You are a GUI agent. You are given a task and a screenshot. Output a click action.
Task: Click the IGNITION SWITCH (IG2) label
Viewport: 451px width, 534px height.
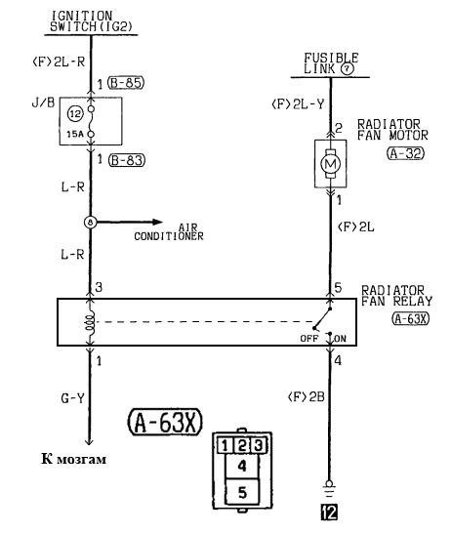click(91, 21)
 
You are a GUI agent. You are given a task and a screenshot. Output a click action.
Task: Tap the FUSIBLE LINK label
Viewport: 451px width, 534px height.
click(331, 63)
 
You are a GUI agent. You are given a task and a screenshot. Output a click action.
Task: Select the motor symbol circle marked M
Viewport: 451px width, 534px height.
click(330, 164)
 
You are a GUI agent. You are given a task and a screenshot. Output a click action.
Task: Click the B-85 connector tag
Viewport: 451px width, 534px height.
click(126, 83)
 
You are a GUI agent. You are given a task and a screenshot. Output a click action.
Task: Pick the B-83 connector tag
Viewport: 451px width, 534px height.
click(126, 160)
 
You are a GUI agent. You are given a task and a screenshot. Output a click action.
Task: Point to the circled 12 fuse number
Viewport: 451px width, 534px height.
click(75, 114)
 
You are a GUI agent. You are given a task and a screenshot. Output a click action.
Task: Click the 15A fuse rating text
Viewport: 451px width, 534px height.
click(74, 134)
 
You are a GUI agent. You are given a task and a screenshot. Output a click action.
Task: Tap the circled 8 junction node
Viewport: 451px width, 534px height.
click(90, 223)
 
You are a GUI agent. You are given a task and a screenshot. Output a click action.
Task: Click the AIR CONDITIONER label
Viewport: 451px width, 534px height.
click(169, 232)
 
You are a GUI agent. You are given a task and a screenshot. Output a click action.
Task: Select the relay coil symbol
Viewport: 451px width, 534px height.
click(90, 322)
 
